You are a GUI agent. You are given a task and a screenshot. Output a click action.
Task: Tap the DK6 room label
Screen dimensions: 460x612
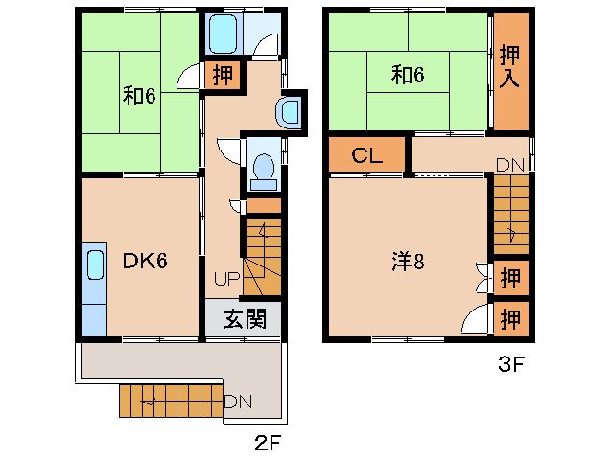[145, 259]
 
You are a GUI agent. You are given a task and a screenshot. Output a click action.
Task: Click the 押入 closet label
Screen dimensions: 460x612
[509, 64]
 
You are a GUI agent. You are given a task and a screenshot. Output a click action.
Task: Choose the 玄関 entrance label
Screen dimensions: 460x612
[244, 319]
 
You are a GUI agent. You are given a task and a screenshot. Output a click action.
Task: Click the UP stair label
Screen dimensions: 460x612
[225, 279]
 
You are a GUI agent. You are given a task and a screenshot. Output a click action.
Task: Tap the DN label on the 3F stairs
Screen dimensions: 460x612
[509, 165]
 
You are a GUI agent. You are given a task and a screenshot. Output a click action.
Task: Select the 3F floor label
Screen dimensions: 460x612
[510, 363]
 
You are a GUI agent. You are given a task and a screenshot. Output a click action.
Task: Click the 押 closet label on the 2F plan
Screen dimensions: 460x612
[223, 75]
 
